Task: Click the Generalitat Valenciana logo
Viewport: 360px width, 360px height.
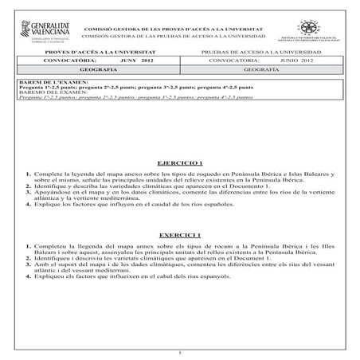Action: (x=40, y=32)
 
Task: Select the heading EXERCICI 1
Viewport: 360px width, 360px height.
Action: (x=179, y=237)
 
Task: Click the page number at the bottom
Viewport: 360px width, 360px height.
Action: (x=181, y=353)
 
